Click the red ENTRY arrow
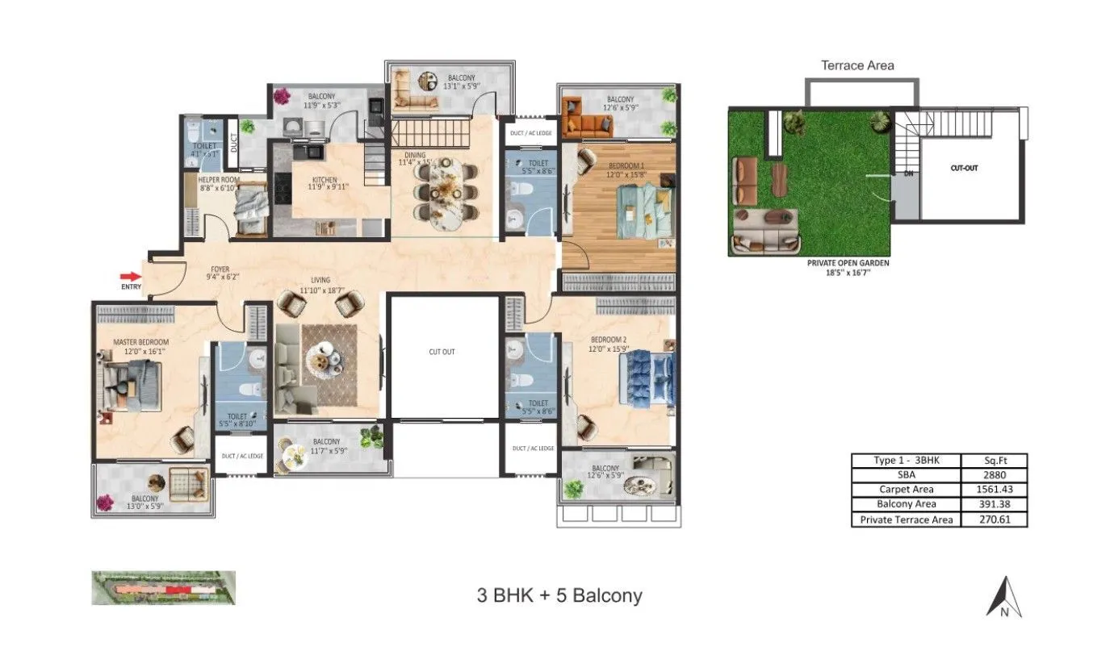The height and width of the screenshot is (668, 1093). [x=129, y=276]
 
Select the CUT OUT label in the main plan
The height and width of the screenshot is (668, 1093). [x=442, y=352]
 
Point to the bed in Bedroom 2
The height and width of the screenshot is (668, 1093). [x=645, y=378]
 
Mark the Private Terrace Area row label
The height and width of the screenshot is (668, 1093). [x=907, y=520]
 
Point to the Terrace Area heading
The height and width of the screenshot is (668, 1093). [x=857, y=65]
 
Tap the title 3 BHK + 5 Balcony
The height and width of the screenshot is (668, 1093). [x=559, y=596]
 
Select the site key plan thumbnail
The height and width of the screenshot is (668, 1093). [x=164, y=587]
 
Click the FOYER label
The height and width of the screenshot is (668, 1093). [x=220, y=269]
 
